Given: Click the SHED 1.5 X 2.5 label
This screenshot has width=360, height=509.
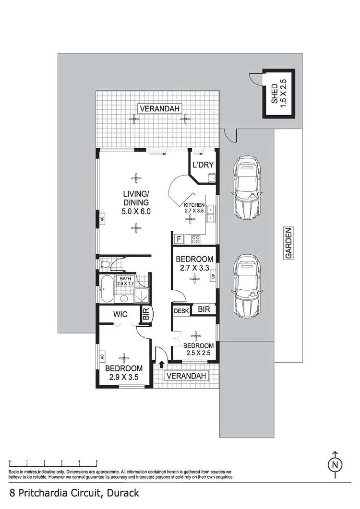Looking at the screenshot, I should coord(278,94).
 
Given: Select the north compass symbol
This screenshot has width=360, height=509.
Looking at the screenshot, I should coord(335,464).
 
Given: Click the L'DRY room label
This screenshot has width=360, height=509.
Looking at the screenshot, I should coord(203,166).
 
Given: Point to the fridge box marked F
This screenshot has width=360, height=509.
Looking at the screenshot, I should coord(179,238).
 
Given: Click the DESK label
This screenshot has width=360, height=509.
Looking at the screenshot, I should coord(181,310).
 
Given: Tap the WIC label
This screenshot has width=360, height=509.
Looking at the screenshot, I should coord(120,315).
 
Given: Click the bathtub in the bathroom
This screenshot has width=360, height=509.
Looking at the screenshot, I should coord(108,289).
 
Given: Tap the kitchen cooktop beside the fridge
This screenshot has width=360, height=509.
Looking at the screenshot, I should coord(195,238).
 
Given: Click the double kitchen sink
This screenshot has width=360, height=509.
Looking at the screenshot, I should coord(210,214).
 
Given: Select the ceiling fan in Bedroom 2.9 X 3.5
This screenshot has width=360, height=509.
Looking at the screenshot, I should coord(124,358).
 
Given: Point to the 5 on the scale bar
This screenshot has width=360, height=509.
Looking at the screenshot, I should coord(96,462).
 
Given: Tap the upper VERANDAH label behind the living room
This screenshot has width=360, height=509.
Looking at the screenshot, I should coord(159,109).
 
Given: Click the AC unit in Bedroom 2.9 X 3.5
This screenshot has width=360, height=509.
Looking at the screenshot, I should coord(102,356).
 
